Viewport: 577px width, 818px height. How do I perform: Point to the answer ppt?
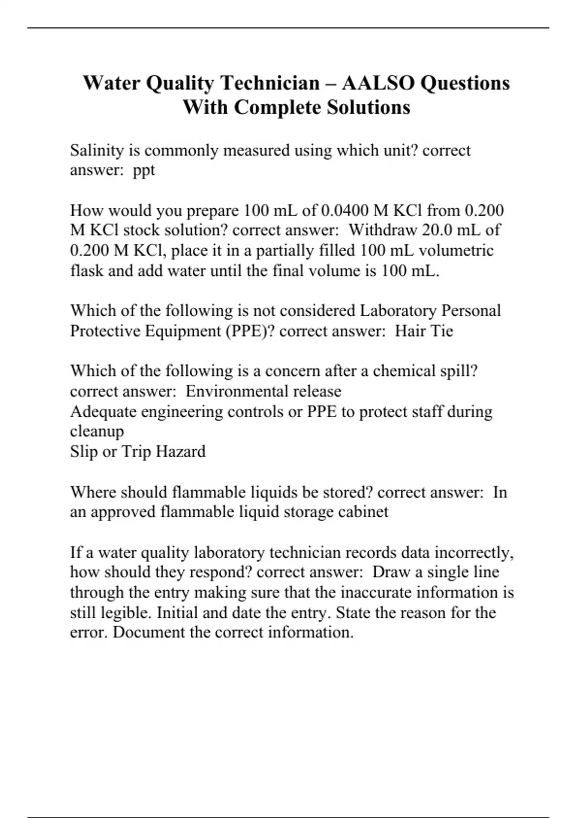tap(144, 171)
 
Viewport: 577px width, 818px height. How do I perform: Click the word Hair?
tap(410, 331)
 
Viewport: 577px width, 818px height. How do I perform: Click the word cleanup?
tap(97, 431)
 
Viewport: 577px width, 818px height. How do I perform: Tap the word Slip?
tap(84, 451)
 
